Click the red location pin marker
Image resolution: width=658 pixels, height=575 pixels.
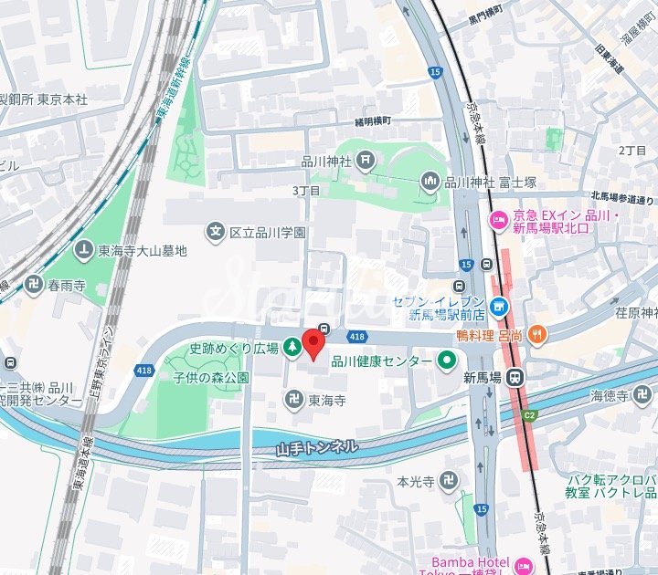point(313,346)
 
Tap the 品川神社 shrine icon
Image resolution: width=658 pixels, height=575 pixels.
point(366,162)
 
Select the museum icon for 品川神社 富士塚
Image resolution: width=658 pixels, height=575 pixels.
point(430,182)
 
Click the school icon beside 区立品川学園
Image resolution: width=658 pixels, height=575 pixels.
point(216,232)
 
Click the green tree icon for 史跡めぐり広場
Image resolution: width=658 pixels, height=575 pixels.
point(292,347)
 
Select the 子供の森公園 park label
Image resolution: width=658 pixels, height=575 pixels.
point(211,377)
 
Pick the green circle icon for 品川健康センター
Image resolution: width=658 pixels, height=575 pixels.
point(447,362)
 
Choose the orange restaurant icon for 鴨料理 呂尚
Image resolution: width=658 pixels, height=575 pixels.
point(538,335)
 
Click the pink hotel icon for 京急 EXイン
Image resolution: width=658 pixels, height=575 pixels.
point(499,220)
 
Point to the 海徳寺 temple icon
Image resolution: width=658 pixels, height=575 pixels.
point(642,395)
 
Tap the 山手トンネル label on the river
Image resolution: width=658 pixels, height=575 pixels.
point(316,448)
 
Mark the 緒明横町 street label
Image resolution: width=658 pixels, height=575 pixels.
point(373,120)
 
